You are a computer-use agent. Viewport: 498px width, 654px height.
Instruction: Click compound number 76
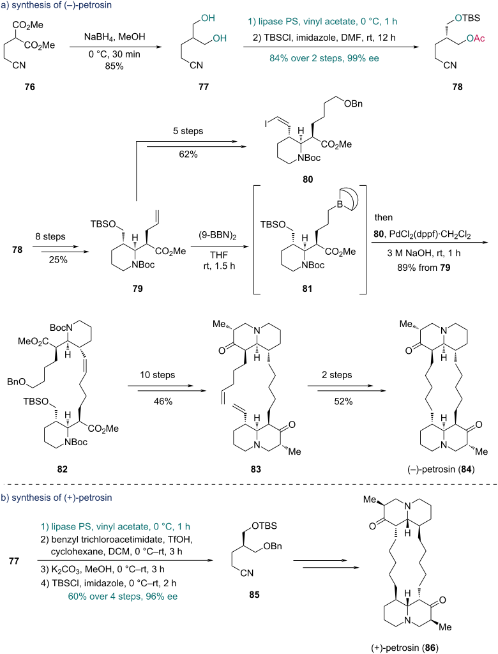[30, 87]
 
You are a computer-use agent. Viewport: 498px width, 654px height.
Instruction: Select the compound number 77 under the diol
[204, 87]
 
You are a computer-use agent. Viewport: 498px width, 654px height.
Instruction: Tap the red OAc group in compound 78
[476, 38]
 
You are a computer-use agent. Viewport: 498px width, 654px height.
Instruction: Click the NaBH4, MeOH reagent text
[115, 37]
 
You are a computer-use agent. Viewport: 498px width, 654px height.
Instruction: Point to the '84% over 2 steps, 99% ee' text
[324, 58]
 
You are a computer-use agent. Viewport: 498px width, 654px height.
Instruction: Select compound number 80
[308, 179]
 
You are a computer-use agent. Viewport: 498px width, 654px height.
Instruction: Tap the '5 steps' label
[188, 131]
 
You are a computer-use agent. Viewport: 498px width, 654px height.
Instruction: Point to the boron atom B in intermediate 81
[340, 205]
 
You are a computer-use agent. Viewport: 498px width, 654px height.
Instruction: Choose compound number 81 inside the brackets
[307, 289]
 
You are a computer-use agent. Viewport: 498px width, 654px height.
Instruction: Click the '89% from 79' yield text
[424, 268]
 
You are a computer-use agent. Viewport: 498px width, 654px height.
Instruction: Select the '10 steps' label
[157, 375]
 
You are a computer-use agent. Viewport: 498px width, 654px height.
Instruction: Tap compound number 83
[255, 469]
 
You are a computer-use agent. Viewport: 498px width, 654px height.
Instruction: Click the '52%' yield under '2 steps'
[343, 401]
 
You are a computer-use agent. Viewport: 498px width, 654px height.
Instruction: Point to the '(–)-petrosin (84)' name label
[441, 469]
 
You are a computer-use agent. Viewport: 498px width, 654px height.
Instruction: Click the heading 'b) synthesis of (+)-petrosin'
[57, 498]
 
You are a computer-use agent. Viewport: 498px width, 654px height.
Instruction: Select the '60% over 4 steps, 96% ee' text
[123, 597]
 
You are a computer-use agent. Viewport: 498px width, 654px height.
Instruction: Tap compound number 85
[254, 595]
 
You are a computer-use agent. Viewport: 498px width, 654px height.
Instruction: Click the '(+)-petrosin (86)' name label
[405, 648]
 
